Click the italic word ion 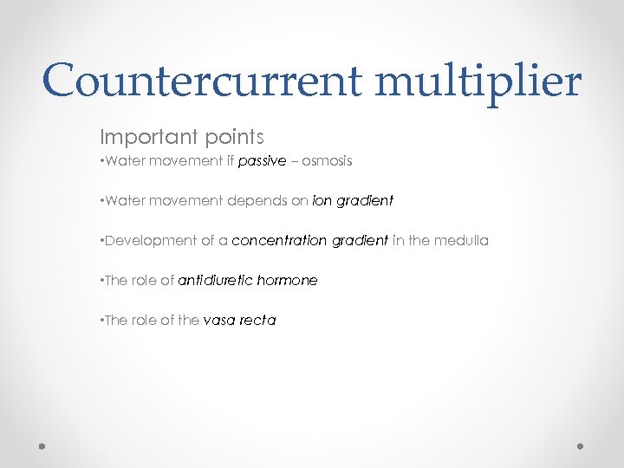322,200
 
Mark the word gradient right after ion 364,201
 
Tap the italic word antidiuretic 214,280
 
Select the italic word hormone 288,280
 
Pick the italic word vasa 218,320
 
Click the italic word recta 257,320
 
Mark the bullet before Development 103,241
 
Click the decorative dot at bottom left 42,446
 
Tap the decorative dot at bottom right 581,446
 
